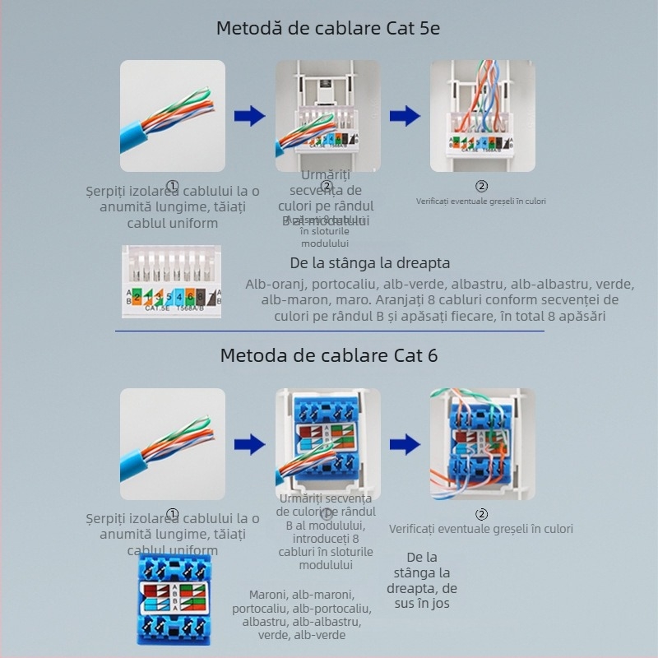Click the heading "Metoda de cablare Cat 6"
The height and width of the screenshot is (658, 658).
[328, 355]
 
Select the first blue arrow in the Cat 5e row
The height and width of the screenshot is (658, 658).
[249, 116]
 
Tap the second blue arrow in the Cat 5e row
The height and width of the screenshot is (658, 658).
[405, 116]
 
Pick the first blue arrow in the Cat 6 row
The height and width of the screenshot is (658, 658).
[249, 445]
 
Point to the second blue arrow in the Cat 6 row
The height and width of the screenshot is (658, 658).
[405, 445]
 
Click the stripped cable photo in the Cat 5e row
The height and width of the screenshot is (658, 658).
[173, 116]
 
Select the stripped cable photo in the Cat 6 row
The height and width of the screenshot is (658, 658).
[173, 444]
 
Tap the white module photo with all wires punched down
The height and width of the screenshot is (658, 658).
[482, 116]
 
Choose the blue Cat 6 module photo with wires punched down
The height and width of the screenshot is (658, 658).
[482, 444]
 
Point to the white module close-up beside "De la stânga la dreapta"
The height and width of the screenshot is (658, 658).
[172, 282]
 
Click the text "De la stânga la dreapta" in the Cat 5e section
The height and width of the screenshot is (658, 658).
[370, 264]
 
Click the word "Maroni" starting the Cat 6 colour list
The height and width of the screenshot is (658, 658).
[268, 594]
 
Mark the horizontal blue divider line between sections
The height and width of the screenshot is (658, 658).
[329, 331]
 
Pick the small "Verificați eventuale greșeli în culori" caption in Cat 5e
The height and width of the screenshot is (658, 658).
[481, 201]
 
